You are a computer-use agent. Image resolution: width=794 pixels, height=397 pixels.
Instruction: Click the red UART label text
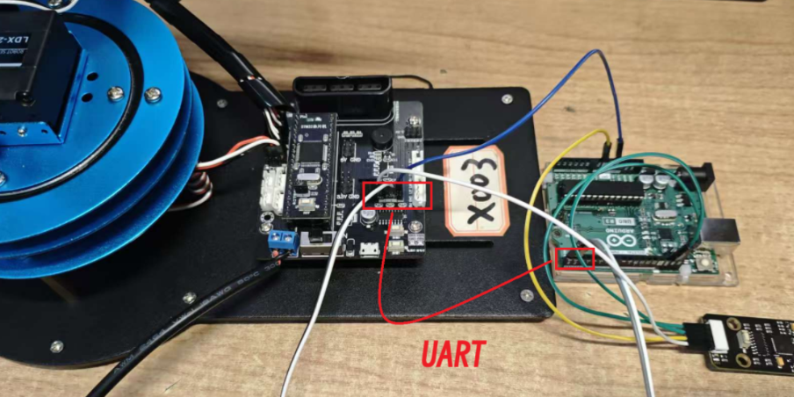(453, 354)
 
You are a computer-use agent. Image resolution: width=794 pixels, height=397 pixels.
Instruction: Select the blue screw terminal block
(282, 239)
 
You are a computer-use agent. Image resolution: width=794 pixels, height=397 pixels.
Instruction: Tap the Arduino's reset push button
(702, 262)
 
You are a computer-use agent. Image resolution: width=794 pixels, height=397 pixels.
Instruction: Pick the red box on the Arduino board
(575, 258)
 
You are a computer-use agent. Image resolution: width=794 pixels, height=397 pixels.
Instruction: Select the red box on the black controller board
(397, 195)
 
